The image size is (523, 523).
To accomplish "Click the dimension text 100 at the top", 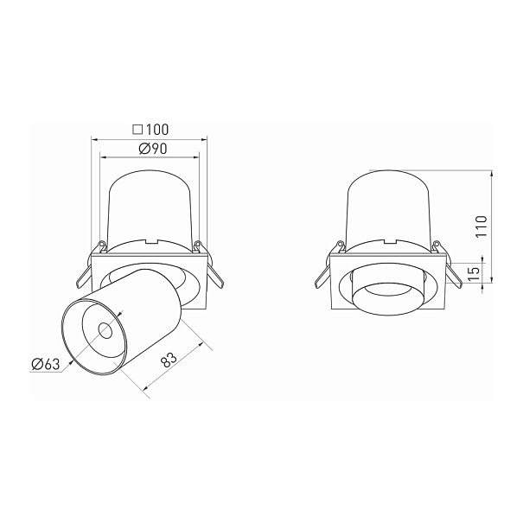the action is click(x=157, y=130).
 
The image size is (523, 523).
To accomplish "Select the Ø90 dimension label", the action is click(x=153, y=149).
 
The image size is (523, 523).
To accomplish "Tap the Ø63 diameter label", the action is click(x=45, y=364).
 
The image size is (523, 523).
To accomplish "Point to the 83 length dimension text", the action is click(x=169, y=360).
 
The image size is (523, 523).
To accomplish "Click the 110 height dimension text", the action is click(x=482, y=226).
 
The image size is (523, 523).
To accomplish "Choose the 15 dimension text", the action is click(x=474, y=273).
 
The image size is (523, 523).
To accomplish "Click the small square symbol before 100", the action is click(x=137, y=130).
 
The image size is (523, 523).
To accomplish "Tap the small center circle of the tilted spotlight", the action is click(x=105, y=330).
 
